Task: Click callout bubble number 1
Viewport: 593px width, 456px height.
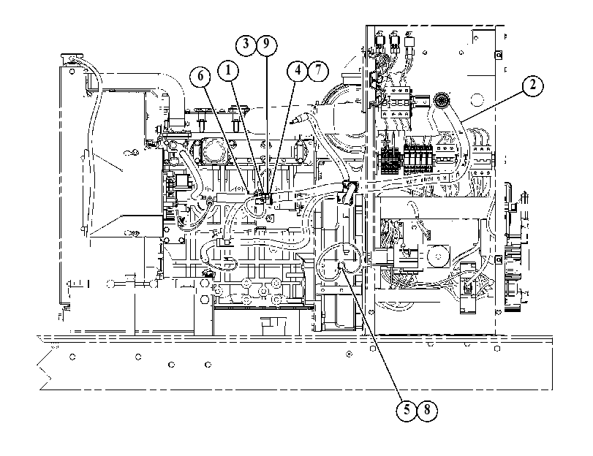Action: [x=228, y=70]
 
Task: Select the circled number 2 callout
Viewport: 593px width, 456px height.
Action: [x=532, y=85]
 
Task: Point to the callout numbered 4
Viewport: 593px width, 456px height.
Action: [x=298, y=70]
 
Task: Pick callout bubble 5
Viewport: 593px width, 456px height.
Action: [x=407, y=410]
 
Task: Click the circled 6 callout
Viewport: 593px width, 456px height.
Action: [x=200, y=77]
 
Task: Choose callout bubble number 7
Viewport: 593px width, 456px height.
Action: [x=318, y=70]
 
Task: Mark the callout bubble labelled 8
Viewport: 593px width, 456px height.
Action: [x=427, y=410]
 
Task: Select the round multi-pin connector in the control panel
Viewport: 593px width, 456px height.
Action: [x=440, y=99]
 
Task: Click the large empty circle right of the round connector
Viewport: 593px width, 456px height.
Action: [x=477, y=100]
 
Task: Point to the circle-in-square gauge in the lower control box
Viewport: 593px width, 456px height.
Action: [x=438, y=256]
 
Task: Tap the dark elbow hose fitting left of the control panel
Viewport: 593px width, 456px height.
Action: [x=348, y=192]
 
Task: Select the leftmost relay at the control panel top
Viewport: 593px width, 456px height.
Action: [x=379, y=42]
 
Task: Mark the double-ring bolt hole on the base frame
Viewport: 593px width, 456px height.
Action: [x=349, y=354]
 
